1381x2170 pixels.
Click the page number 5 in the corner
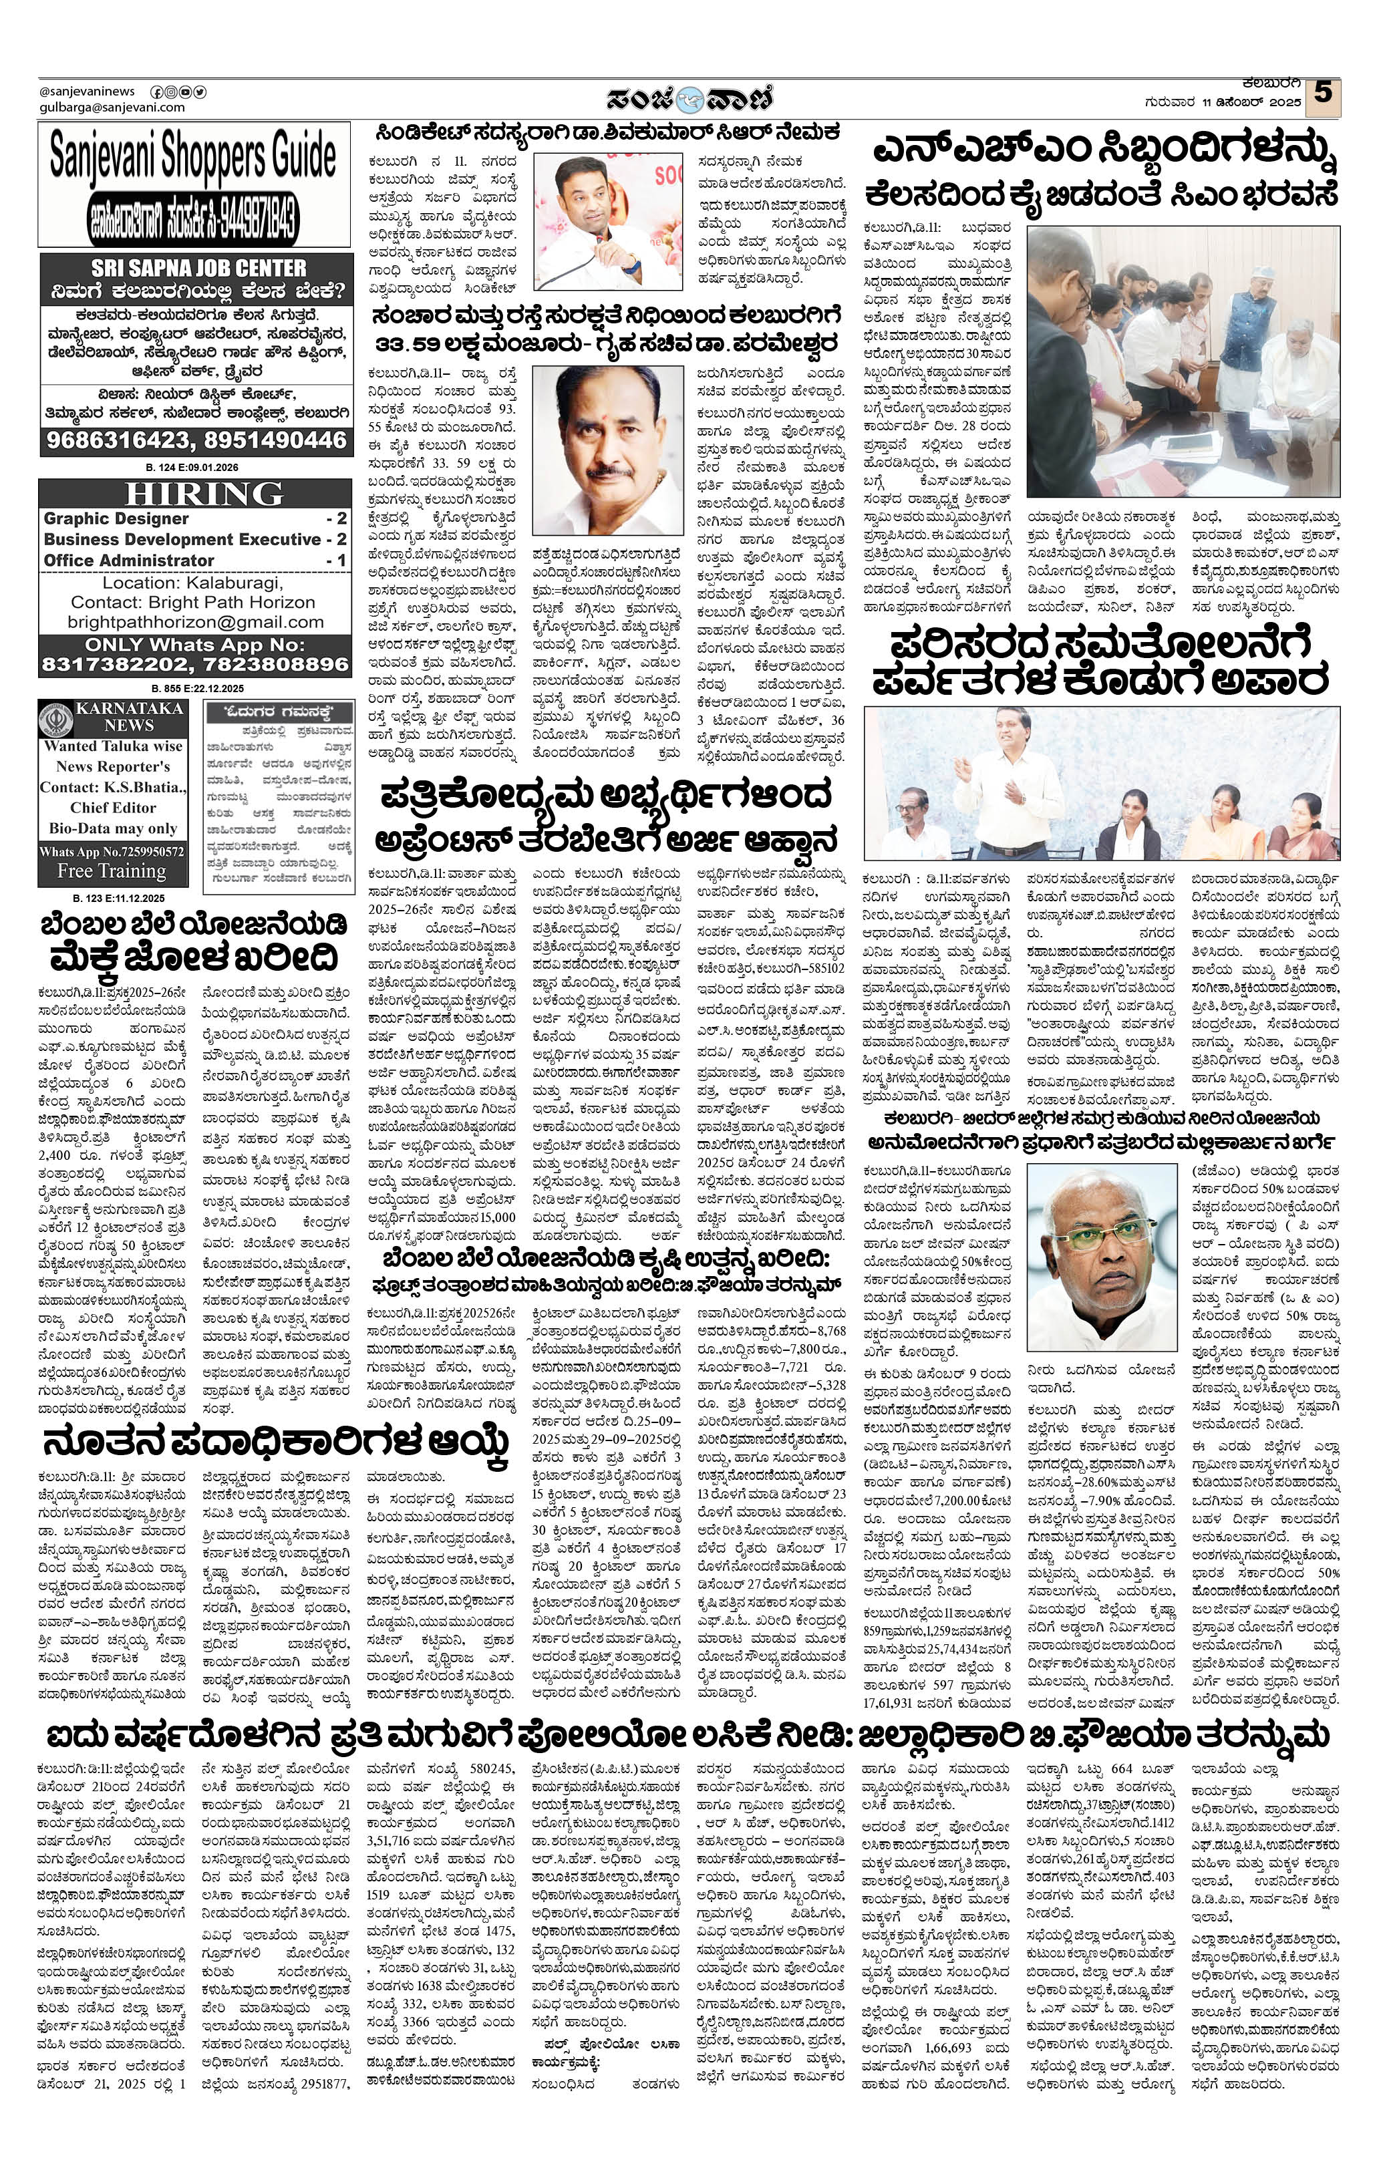click(1322, 94)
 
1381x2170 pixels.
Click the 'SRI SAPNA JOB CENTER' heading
click(198, 268)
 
